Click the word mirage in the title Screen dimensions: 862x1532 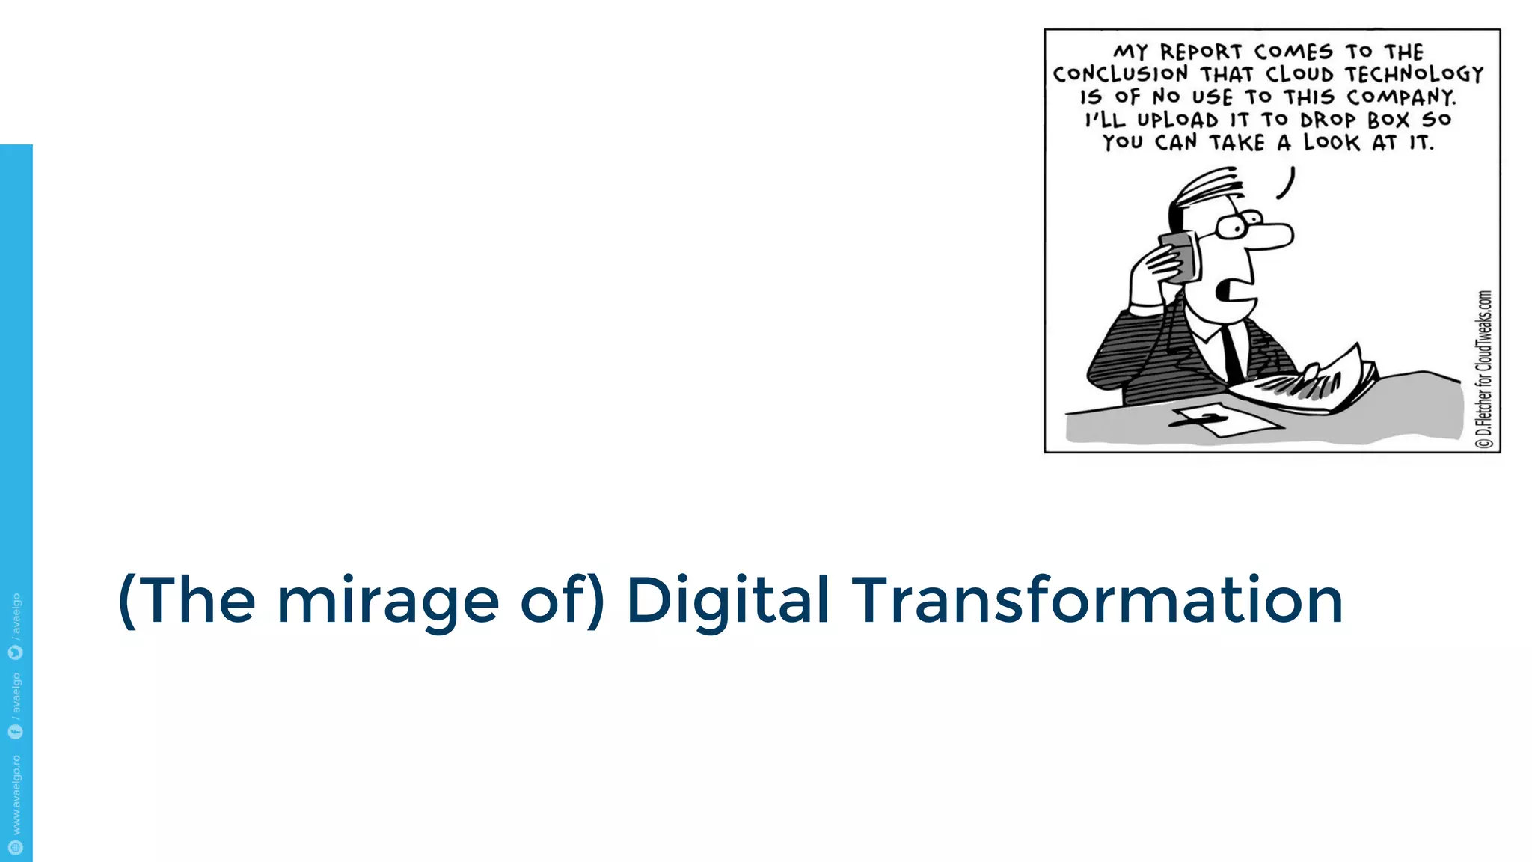point(387,602)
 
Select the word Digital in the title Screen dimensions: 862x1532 point(728,602)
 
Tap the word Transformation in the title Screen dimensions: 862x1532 point(1097,600)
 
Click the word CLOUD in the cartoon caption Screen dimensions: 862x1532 point(1300,75)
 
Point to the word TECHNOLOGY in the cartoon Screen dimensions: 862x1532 point(1414,75)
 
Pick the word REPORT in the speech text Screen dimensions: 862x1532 point(1201,52)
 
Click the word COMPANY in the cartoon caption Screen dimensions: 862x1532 point(1401,97)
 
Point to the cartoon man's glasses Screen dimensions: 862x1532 point(1238,224)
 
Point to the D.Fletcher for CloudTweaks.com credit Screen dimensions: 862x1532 point(1484,370)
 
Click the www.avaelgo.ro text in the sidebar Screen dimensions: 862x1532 point(16,795)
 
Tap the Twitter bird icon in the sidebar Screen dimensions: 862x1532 point(16,652)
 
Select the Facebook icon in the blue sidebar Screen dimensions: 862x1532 point(16,731)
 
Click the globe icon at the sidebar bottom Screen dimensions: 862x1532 point(16,847)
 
